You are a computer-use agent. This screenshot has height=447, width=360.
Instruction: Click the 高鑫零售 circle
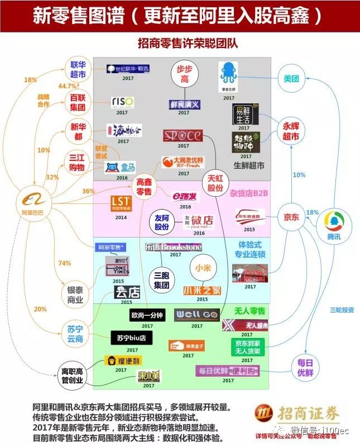(144, 187)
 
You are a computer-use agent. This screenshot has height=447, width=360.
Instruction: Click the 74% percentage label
(65, 263)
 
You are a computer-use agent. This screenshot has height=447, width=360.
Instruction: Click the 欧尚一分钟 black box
(147, 315)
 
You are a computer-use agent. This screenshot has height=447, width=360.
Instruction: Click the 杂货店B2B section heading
(249, 193)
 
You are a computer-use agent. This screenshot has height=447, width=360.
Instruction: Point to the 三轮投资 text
(341, 310)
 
